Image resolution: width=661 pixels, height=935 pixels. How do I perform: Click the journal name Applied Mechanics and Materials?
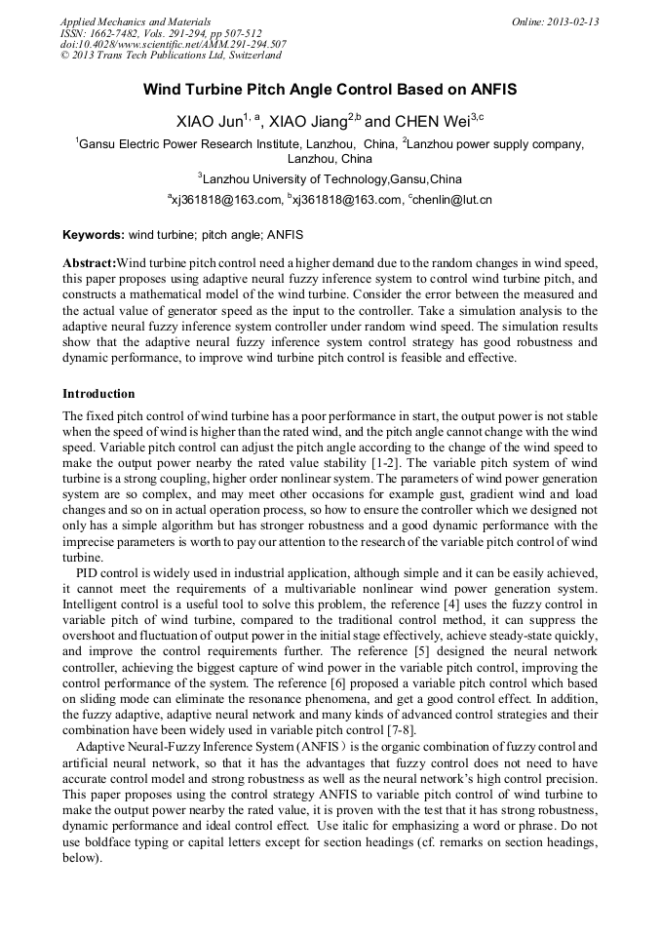[x=135, y=21]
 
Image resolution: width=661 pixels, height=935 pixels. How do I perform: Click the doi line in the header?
[x=173, y=45]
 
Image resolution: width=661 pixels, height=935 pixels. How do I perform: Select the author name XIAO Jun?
[x=208, y=122]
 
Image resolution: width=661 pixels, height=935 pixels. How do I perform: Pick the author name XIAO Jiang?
[x=307, y=122]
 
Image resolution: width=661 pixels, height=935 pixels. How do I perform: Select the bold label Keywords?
[x=94, y=236]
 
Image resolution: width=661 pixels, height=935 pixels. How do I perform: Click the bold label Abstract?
[x=89, y=264]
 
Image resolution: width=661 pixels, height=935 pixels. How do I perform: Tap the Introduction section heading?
[x=98, y=394]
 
